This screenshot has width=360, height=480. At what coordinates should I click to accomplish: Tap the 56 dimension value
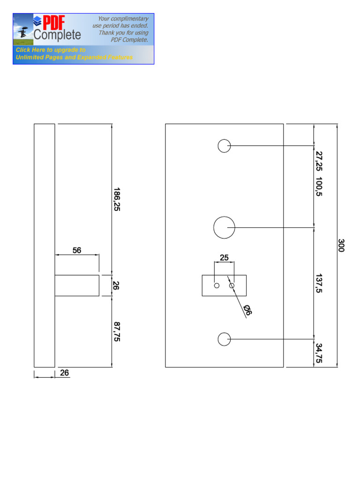tap(77, 250)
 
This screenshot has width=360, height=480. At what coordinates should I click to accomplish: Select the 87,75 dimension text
tap(117, 331)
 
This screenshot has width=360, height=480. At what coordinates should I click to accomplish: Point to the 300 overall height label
tap(341, 246)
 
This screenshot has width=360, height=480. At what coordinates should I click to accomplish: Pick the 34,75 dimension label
tap(319, 353)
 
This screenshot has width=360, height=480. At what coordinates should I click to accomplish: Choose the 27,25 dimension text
tap(319, 161)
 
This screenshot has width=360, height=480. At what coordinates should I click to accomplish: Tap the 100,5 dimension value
tap(319, 187)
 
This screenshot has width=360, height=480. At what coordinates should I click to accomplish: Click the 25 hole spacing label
tap(224, 257)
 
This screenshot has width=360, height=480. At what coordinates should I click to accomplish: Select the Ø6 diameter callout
tap(248, 310)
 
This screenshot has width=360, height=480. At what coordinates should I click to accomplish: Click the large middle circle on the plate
tap(224, 227)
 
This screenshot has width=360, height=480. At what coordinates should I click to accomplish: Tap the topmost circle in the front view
tap(224, 146)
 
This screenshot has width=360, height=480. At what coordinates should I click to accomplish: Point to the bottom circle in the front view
tap(224, 338)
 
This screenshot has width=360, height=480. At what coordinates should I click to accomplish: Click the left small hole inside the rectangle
tap(217, 285)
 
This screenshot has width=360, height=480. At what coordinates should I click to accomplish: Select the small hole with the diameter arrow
tap(232, 285)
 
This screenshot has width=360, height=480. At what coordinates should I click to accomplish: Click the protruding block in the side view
tap(77, 285)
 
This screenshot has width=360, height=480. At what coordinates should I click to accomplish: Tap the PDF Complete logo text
tap(57, 28)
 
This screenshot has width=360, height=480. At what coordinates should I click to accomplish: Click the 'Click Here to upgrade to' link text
tap(51, 50)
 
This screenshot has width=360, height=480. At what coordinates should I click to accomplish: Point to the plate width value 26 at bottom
tap(65, 373)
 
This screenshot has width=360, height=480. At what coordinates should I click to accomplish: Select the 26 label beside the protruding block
tap(116, 285)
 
